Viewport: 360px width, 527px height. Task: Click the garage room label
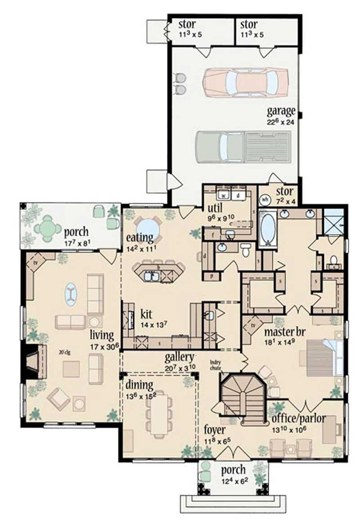(x=281, y=111)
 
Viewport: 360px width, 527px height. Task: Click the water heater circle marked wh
(x=265, y=198)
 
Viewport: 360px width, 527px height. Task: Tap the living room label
(x=102, y=334)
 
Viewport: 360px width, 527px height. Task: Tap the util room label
(x=215, y=208)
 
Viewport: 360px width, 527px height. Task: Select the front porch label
(x=233, y=470)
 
